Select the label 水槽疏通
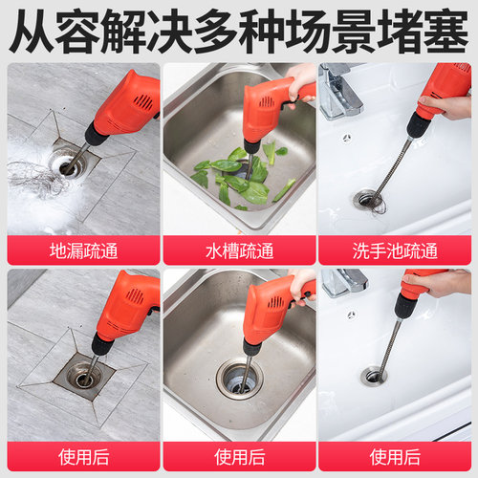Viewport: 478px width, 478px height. (x=238, y=251)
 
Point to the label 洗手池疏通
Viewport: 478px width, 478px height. (x=396, y=251)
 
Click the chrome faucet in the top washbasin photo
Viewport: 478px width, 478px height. (x=339, y=86)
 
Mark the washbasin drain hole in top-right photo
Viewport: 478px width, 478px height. (x=367, y=199)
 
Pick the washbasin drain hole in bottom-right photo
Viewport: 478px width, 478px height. (x=373, y=376)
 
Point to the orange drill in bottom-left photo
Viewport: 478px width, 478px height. (x=124, y=306)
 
